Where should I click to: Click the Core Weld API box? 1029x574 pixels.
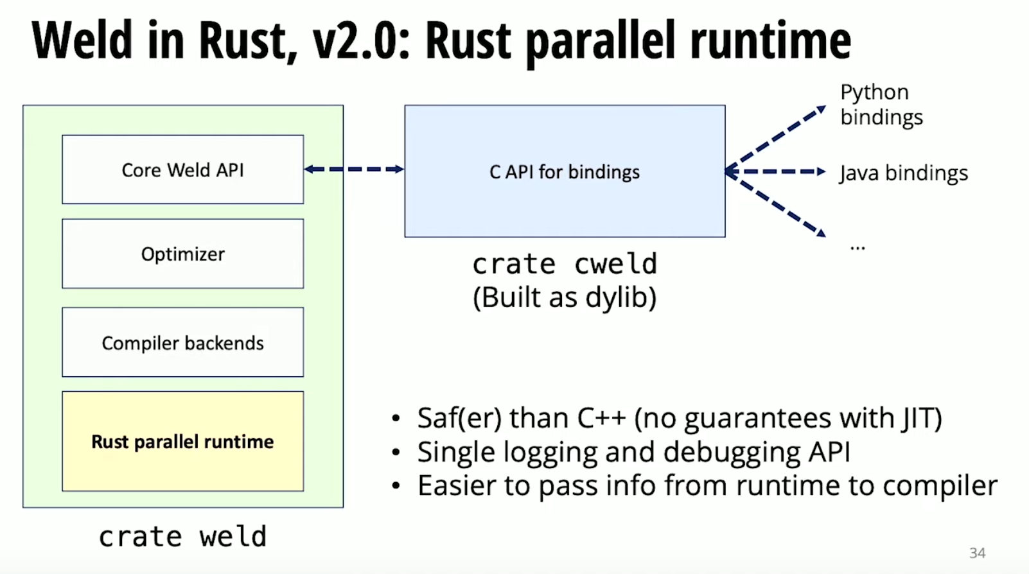182,170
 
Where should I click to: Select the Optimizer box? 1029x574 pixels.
182,254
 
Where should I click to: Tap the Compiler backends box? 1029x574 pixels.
182,342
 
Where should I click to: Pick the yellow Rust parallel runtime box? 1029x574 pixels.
182,441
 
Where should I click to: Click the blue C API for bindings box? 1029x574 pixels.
565,171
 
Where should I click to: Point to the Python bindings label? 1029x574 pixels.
881,105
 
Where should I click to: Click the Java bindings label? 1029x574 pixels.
903,173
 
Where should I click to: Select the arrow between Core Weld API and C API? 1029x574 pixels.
354,170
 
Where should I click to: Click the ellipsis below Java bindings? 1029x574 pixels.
857,247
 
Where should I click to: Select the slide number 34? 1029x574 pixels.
977,553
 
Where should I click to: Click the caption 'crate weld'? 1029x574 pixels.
182,537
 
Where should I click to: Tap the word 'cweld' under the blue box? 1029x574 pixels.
615,264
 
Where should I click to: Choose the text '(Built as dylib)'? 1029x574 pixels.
565,297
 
